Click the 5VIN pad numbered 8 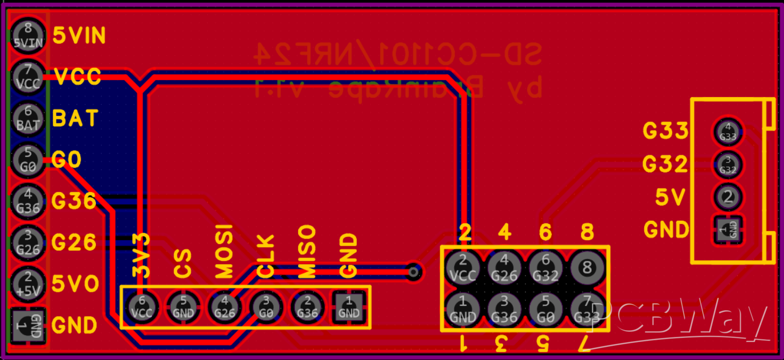pos(28,36)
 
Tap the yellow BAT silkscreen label pos(75,118)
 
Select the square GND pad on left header pos(28,325)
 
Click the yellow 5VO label pos(75,284)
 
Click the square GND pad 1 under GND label pos(349,307)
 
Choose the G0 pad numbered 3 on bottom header pos(266,307)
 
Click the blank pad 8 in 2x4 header pos(586,267)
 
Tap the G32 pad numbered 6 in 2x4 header pos(545,267)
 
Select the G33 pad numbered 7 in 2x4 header pos(586,309)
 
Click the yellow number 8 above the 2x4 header pos(587,233)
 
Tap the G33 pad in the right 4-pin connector pos(728,132)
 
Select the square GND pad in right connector pos(728,230)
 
